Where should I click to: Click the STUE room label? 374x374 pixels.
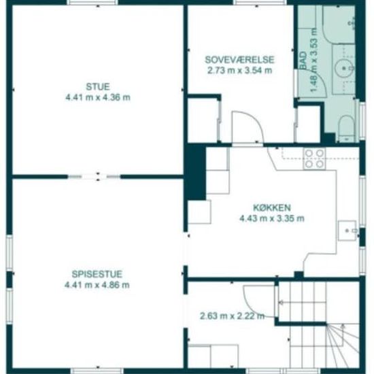[98, 86]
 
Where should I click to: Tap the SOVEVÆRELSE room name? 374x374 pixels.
[240, 60]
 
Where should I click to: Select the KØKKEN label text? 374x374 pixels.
[272, 208]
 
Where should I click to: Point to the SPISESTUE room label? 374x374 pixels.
[97, 274]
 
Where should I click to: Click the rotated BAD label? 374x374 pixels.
[303, 61]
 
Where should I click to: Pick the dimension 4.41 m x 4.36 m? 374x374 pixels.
[98, 97]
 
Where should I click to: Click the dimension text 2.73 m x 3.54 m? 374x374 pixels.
[240, 71]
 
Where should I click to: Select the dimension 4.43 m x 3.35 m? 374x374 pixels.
[272, 218]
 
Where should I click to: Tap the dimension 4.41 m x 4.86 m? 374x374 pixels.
[97, 285]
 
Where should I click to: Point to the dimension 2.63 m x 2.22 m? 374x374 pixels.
[232, 316]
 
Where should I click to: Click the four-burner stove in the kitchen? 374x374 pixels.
[315, 158]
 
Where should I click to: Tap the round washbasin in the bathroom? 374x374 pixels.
[344, 69]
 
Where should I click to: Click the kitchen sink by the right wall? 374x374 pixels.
[347, 231]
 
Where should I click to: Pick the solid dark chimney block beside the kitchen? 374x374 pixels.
[196, 172]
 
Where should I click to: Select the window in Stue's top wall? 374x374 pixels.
[92, 3]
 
